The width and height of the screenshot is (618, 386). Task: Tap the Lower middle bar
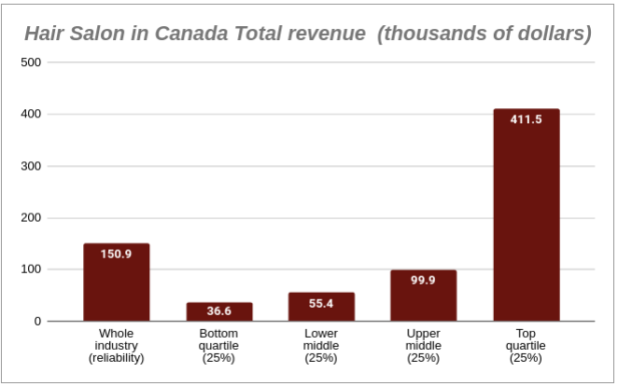[x=321, y=308]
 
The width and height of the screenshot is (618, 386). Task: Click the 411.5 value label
[x=527, y=120]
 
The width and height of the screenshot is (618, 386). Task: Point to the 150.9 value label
[x=117, y=255]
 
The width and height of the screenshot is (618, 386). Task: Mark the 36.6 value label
[x=219, y=310]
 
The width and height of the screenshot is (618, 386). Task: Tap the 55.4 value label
[x=321, y=304]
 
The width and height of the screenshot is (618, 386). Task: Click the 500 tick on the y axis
[x=31, y=62]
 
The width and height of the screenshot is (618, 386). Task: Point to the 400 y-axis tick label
[x=31, y=114]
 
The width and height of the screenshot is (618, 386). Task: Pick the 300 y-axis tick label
[x=31, y=166]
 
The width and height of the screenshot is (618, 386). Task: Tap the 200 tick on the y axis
[x=31, y=217]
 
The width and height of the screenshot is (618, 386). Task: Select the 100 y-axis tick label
[x=31, y=269]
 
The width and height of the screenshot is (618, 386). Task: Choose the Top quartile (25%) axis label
[x=527, y=345]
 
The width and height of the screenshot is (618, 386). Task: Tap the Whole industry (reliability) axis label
[x=117, y=345]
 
